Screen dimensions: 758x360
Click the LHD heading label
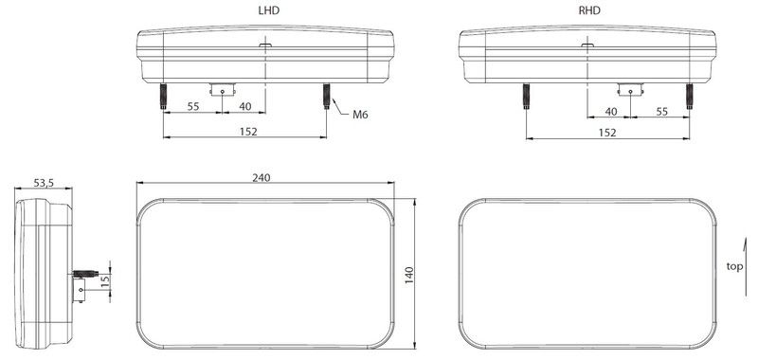pos(269,10)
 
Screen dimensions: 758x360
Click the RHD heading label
pos(589,10)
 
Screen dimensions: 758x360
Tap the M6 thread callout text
pos(360,115)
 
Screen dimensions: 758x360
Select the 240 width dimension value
pos(262,177)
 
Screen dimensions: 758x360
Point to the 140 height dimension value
pos(409,275)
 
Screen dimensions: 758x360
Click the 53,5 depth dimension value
pos(44,183)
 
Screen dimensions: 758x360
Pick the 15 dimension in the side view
pos(106,280)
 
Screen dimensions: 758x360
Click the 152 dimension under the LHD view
pos(248,132)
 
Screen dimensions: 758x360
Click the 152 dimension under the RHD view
pos(607,133)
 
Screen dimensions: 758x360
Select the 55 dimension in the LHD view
pos(193,107)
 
